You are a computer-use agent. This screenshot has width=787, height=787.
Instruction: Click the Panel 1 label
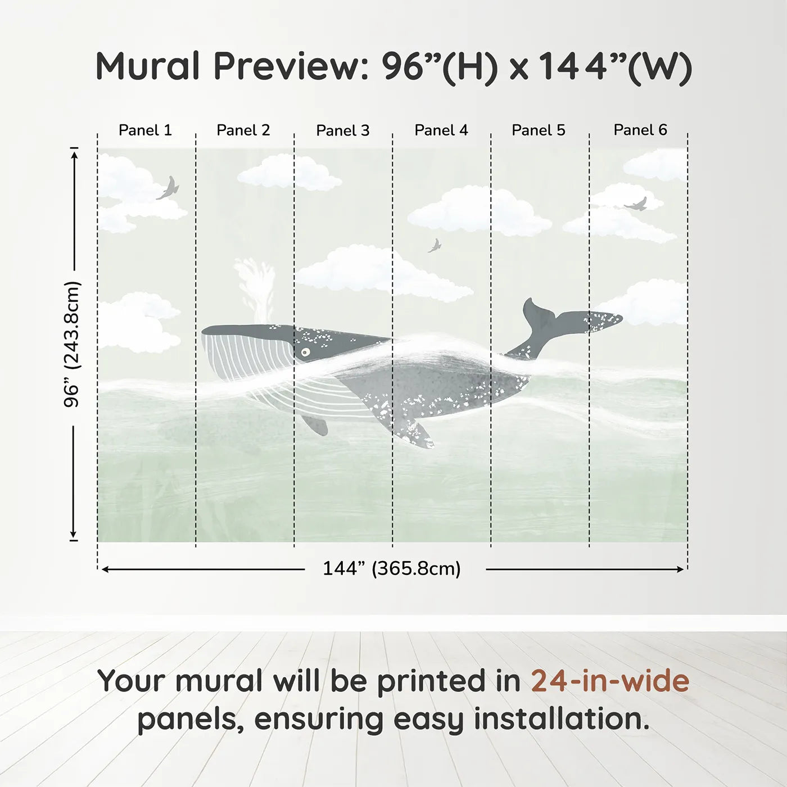pyautogui.click(x=145, y=130)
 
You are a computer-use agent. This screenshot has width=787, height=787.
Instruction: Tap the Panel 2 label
pyautogui.click(x=243, y=130)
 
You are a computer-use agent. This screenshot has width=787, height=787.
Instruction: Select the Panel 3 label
pyautogui.click(x=343, y=131)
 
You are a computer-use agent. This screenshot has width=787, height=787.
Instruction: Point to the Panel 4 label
pyautogui.click(x=441, y=130)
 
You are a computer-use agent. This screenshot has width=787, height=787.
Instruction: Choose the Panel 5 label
pyautogui.click(x=539, y=130)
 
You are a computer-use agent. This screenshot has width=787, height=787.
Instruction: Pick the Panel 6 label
pyautogui.click(x=640, y=130)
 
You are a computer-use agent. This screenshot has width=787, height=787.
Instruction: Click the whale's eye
pyautogui.click(x=305, y=352)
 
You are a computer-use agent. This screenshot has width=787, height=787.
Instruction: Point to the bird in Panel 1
pyautogui.click(x=168, y=188)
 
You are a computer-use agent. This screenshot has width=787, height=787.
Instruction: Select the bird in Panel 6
pyautogui.click(x=636, y=204)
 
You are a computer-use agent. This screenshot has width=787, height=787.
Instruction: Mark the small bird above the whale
pyautogui.click(x=434, y=246)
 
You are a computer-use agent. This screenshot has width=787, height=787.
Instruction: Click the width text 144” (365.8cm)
pyautogui.click(x=392, y=569)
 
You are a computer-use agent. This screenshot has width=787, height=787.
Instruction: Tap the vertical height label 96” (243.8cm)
pyautogui.click(x=72, y=344)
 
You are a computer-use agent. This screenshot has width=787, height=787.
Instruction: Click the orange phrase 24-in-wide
pyautogui.click(x=610, y=681)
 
